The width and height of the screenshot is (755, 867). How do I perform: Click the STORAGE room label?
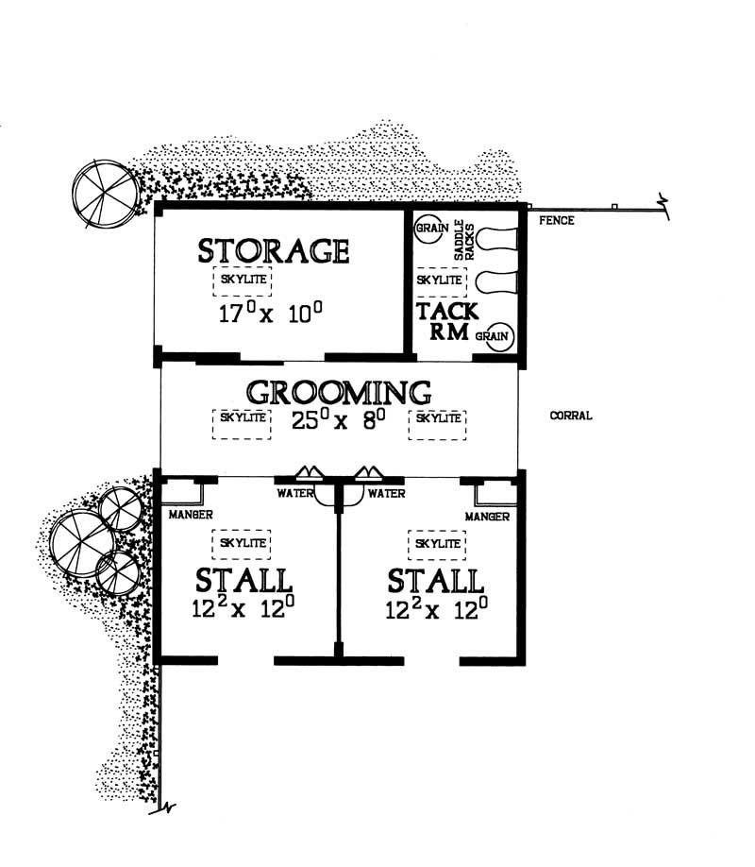click(x=274, y=250)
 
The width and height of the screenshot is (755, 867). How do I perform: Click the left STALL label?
click(x=243, y=579)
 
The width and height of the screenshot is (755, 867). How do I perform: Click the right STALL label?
click(x=436, y=579)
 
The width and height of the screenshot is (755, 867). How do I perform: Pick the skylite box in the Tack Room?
click(x=439, y=280)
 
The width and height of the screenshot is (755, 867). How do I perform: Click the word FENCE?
click(x=556, y=221)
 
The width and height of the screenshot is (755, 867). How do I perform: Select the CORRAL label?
click(x=571, y=416)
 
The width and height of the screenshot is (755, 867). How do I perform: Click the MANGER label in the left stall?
click(x=191, y=516)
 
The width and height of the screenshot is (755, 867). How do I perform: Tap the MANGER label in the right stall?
click(x=487, y=517)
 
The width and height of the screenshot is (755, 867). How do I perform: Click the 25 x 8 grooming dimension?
click(x=339, y=421)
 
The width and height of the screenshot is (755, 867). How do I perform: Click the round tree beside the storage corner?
click(x=106, y=194)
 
